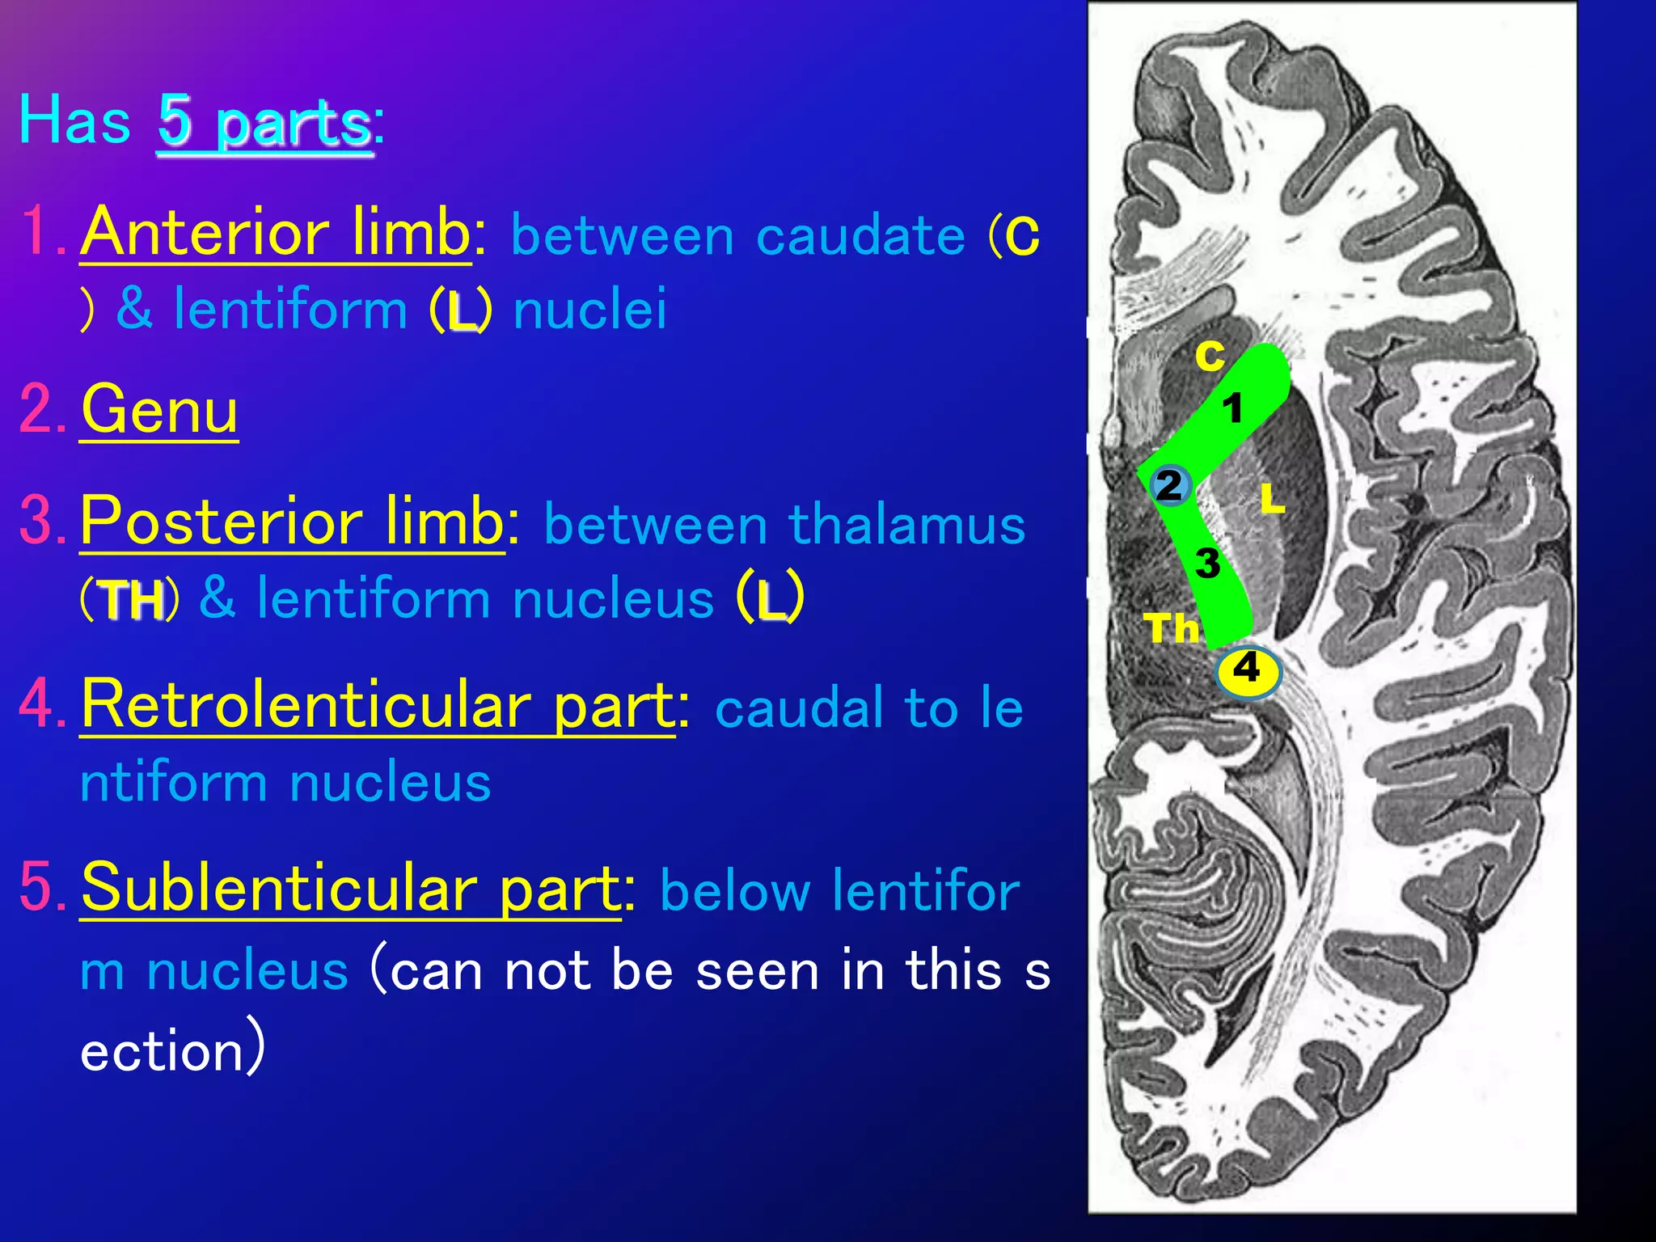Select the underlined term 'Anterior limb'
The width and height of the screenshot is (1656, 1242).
click(x=275, y=232)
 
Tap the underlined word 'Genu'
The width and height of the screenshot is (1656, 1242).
click(x=159, y=410)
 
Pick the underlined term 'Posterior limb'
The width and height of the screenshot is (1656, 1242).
click(x=292, y=522)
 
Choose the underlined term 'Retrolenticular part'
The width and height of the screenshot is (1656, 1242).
click(x=377, y=705)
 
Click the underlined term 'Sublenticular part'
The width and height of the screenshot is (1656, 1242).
click(x=350, y=888)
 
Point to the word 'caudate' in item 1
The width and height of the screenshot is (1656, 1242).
click(x=860, y=236)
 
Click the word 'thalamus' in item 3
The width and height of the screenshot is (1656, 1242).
click(x=906, y=525)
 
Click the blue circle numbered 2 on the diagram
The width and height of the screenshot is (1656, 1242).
click(x=1169, y=486)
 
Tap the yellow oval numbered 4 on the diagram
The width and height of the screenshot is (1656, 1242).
click(x=1248, y=670)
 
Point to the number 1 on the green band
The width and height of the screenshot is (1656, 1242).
click(x=1231, y=408)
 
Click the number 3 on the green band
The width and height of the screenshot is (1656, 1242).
click(x=1207, y=563)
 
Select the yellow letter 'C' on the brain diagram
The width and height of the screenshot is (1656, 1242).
click(x=1210, y=356)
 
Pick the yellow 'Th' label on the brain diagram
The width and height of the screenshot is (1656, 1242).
click(x=1171, y=627)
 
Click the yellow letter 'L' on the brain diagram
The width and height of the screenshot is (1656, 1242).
click(x=1272, y=499)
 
